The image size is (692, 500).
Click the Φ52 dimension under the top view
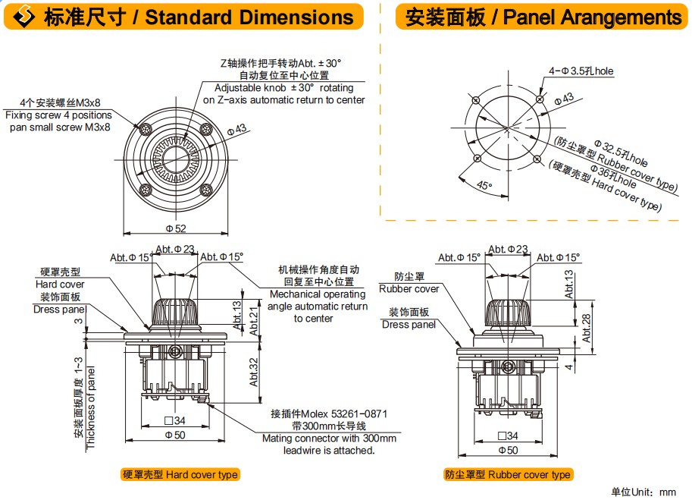click(x=176, y=228)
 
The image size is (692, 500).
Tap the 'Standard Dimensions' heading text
click(x=249, y=17)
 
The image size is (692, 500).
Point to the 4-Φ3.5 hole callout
click(x=581, y=71)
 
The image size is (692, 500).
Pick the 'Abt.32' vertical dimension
click(x=255, y=368)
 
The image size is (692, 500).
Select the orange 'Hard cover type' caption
click(x=180, y=475)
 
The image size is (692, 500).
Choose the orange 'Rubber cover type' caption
click(x=508, y=475)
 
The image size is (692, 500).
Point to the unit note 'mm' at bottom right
click(x=667, y=492)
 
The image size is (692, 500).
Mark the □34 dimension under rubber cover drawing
click(x=508, y=436)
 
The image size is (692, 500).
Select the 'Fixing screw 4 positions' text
click(x=58, y=115)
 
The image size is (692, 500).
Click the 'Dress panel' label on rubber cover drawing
click(x=409, y=325)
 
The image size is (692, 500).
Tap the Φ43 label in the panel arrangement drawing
click(x=564, y=99)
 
